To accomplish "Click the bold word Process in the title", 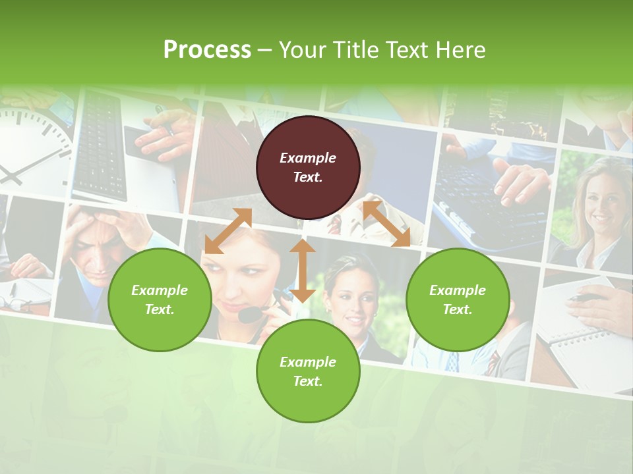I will click(x=207, y=50).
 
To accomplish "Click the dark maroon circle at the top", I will click(x=308, y=167).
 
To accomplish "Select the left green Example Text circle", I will click(x=160, y=300).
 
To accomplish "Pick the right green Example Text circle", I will click(x=458, y=300).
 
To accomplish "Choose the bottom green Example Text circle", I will click(x=308, y=371).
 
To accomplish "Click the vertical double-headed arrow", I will click(x=303, y=271).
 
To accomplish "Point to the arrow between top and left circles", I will click(x=228, y=231).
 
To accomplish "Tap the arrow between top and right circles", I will click(x=386, y=224).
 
